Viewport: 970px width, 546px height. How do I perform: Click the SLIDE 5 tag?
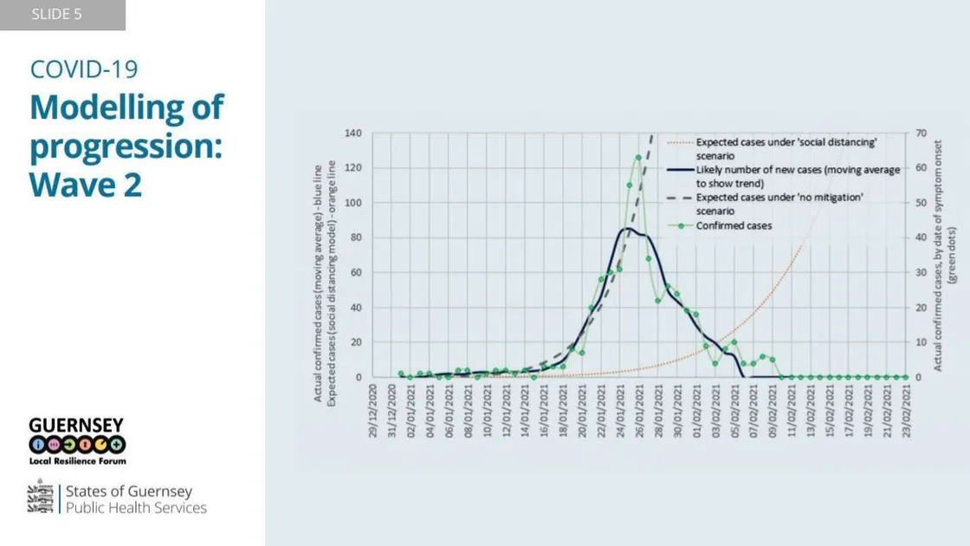pos(57,15)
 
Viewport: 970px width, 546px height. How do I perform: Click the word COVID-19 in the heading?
pos(84,69)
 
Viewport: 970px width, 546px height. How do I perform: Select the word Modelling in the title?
pos(126,107)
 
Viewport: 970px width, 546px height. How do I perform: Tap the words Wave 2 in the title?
pos(85,184)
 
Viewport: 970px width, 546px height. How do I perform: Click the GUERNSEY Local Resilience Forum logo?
pos(76,441)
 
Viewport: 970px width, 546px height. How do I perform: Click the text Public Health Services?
pos(137,508)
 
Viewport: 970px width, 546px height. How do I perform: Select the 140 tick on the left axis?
pos(352,133)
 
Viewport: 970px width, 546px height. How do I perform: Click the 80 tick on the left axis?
pos(355,237)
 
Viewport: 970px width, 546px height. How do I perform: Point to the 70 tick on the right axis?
pos(921,133)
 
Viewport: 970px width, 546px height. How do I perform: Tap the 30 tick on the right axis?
pos(921,273)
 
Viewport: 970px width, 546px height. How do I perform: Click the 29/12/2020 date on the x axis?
pos(373,412)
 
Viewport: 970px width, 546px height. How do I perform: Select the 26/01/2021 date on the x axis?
pos(639,412)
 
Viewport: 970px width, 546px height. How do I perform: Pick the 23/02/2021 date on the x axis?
pos(906,412)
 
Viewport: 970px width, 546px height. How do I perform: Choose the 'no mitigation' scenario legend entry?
pos(779,204)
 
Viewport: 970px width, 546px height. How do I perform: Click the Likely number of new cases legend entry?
pos(797,176)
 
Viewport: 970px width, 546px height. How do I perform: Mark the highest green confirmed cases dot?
pos(638,158)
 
